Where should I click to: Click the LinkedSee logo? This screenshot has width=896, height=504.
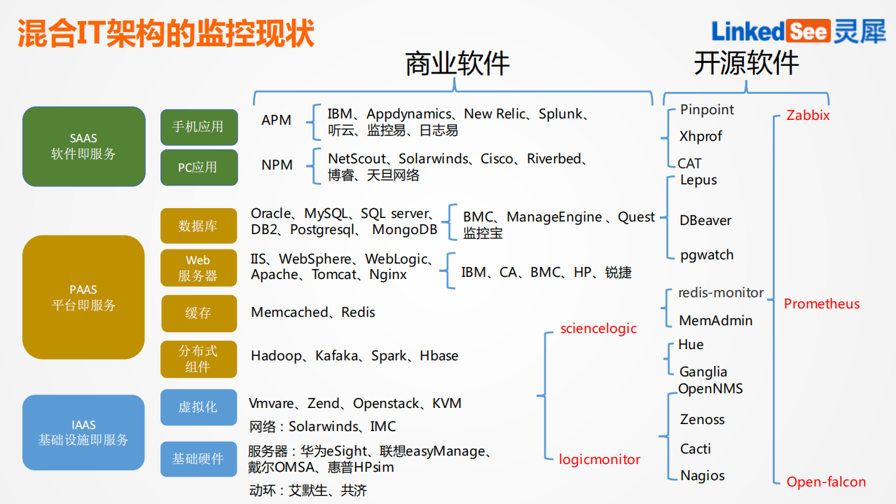(x=797, y=32)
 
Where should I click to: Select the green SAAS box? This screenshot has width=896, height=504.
(x=83, y=146)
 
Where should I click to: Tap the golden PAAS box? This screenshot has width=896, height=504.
(x=83, y=297)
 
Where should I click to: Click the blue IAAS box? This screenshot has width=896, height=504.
(x=83, y=433)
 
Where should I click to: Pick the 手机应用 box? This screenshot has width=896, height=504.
(x=198, y=127)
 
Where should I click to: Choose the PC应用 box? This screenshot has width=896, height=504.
(x=198, y=168)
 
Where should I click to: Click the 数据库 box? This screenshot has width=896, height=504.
(x=198, y=226)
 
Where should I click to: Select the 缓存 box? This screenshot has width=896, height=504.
(x=198, y=313)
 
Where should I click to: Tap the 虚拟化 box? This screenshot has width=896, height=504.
(x=198, y=407)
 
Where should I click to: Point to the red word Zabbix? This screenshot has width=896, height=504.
(x=808, y=116)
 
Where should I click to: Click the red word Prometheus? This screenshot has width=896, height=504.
(x=821, y=304)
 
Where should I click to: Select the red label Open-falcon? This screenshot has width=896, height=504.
(x=826, y=482)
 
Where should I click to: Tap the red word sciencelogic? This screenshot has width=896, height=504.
(x=598, y=328)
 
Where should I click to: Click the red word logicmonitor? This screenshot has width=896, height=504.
(x=600, y=460)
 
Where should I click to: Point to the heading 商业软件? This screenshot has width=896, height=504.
(x=457, y=64)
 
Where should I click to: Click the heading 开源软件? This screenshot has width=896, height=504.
(x=746, y=64)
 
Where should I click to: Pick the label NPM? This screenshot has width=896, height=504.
(x=277, y=165)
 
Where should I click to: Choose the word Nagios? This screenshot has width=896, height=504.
(x=702, y=476)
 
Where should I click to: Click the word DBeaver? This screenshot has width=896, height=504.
(x=705, y=221)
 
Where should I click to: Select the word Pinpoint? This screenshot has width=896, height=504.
(x=707, y=110)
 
